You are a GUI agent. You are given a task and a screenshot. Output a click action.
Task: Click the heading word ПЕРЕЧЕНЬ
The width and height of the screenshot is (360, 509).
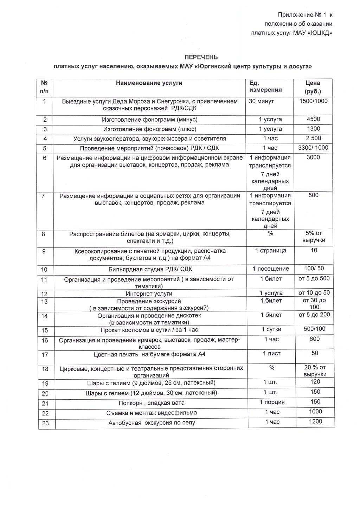click(201, 57)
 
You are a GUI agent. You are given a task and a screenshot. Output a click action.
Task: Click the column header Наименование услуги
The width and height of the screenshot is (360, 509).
click(149, 83)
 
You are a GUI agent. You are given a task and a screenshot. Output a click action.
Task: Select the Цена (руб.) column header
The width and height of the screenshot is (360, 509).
click(313, 87)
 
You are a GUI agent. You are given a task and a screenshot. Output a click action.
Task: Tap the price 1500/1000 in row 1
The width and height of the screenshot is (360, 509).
click(313, 101)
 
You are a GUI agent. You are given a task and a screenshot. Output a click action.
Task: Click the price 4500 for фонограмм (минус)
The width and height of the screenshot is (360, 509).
click(313, 119)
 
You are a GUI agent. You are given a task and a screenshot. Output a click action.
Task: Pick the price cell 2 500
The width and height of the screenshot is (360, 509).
click(313, 138)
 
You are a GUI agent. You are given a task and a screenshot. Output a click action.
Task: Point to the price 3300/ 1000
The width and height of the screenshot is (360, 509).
click(313, 148)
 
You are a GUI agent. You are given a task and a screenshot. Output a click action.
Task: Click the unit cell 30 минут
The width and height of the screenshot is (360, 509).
click(262, 101)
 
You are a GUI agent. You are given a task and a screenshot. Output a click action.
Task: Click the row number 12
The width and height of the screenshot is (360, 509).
click(44, 294)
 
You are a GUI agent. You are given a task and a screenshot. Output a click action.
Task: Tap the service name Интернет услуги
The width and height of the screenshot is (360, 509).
click(149, 294)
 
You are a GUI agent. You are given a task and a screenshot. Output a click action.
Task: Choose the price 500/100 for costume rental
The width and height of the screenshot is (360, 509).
click(314, 329)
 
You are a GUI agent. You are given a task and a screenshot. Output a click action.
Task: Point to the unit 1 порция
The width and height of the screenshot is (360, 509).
click(272, 402)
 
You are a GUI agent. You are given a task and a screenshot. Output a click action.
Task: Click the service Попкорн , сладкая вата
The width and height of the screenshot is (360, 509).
click(151, 403)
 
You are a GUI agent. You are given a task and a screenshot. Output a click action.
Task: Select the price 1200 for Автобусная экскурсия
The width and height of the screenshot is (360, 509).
click(315, 421)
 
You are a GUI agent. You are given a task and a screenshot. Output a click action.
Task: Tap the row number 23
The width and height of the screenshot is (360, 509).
click(45, 423)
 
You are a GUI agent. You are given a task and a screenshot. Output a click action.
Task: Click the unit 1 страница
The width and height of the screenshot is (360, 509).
click(270, 251)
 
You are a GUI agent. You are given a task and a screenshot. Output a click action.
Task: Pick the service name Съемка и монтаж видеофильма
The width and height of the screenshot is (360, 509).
click(152, 413)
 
